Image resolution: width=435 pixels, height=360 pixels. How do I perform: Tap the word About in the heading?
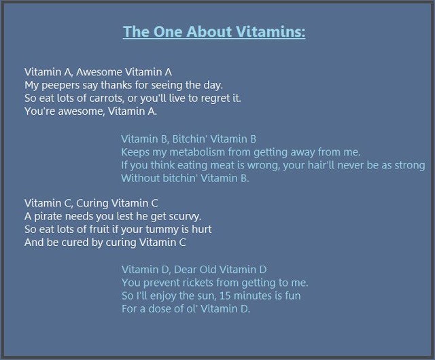coord(209,31)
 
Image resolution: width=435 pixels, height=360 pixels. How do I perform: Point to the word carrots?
coord(103,98)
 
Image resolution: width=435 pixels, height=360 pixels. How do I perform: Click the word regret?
coord(215,98)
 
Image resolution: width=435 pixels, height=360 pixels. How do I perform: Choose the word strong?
coord(410,166)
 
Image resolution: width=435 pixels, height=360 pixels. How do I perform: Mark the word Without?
coord(140,178)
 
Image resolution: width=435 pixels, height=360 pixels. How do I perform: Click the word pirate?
coord(48,216)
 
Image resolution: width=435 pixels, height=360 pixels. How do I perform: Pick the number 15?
coord(225,295)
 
